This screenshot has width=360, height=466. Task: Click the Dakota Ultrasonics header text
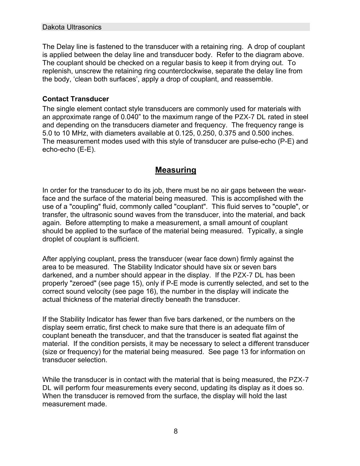tap(72, 27)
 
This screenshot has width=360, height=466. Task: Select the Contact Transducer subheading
tap(76, 99)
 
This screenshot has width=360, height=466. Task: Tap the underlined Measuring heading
tap(175, 170)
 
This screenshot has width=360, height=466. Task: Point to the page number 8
tap(175, 431)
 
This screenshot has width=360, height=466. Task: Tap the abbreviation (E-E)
tap(86, 149)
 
